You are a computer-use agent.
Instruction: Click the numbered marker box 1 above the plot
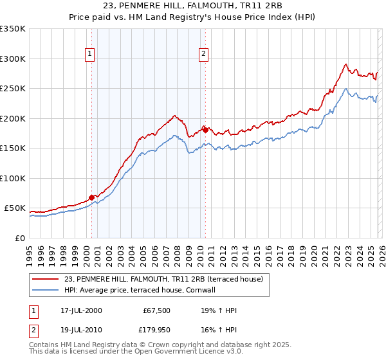(89, 55)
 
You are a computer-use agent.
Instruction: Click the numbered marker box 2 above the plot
(203, 55)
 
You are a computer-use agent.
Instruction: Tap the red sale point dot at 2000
(91, 197)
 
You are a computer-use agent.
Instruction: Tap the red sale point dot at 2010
(205, 130)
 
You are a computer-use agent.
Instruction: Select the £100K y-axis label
(13, 178)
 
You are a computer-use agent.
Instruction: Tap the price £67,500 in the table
(155, 310)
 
